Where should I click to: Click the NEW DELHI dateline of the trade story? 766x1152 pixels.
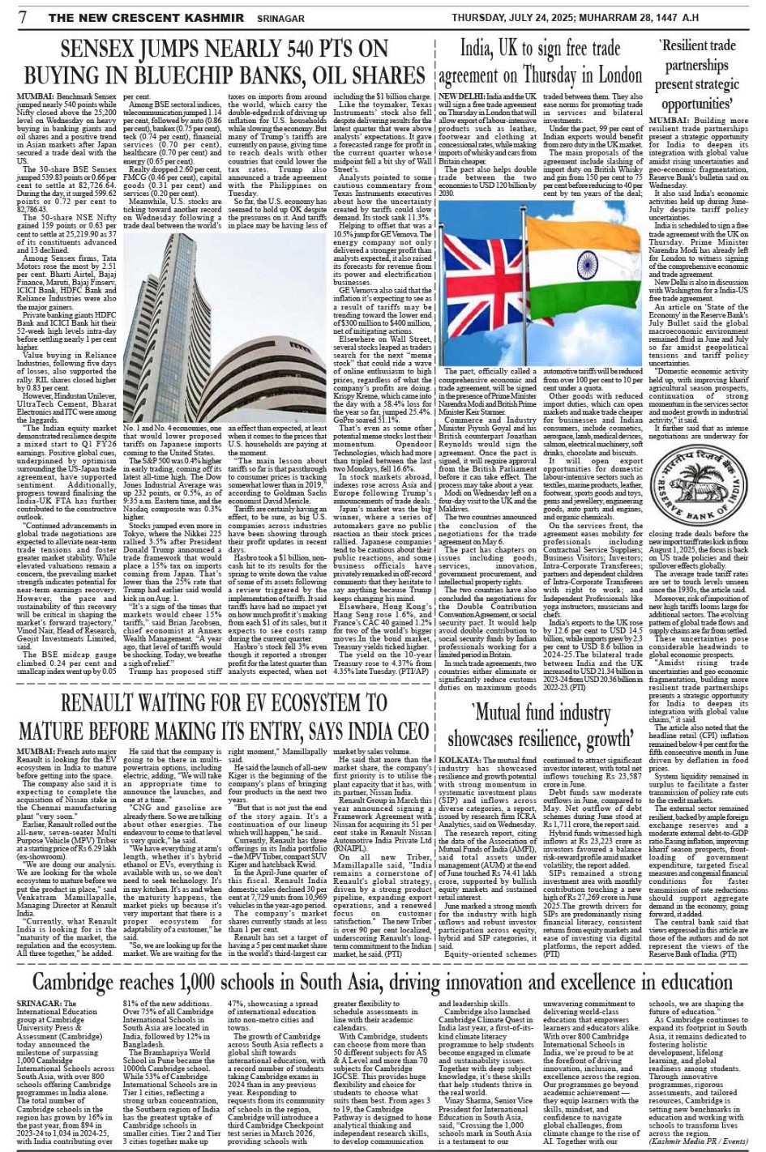click(462, 96)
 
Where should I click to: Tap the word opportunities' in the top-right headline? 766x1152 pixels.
click(696, 105)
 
